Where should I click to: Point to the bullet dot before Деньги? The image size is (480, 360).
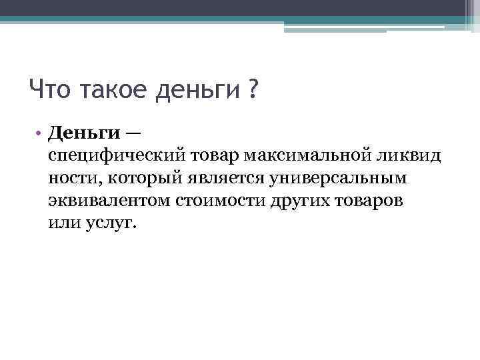[x=41, y=133]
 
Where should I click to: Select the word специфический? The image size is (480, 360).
[x=118, y=157]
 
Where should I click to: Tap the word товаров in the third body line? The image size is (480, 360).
[x=369, y=201]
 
